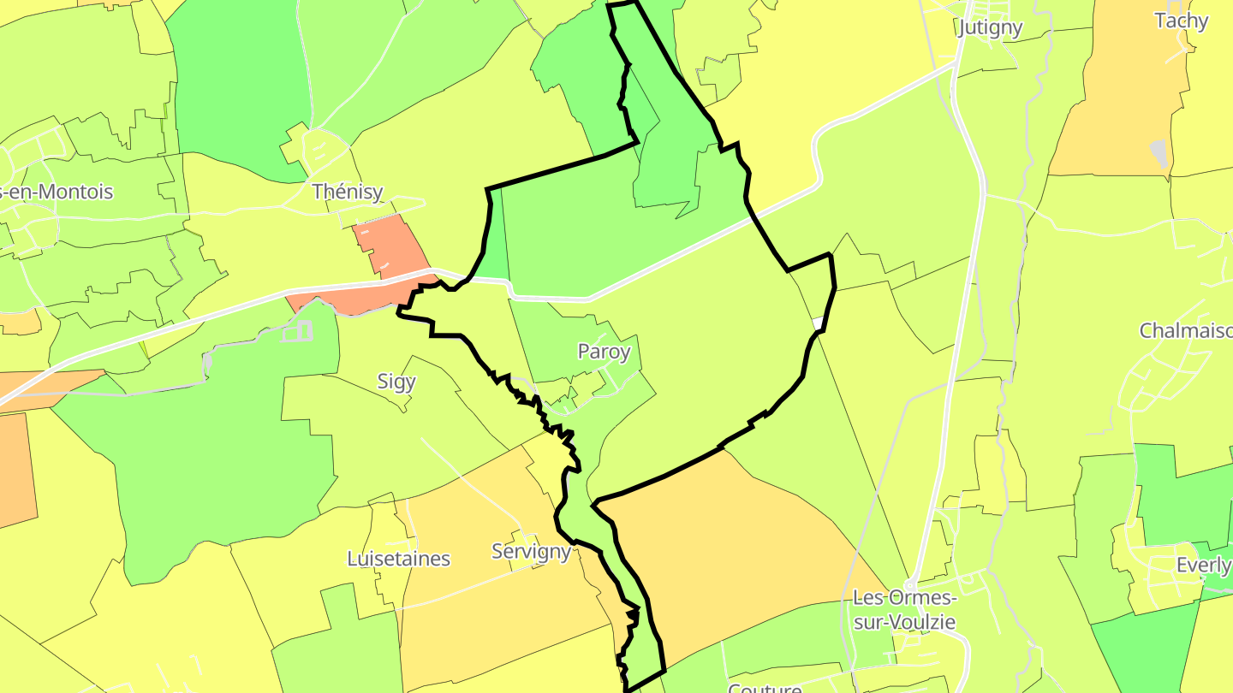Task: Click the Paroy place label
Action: (x=604, y=352)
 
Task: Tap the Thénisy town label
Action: (x=347, y=192)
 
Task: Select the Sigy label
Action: (x=396, y=382)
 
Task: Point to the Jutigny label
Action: (x=991, y=27)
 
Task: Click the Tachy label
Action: (x=1181, y=21)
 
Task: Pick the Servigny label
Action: (x=531, y=551)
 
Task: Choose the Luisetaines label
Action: (x=398, y=559)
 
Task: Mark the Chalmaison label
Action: (x=1186, y=330)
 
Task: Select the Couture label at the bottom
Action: (x=764, y=686)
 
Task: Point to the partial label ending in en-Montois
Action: (x=57, y=192)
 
